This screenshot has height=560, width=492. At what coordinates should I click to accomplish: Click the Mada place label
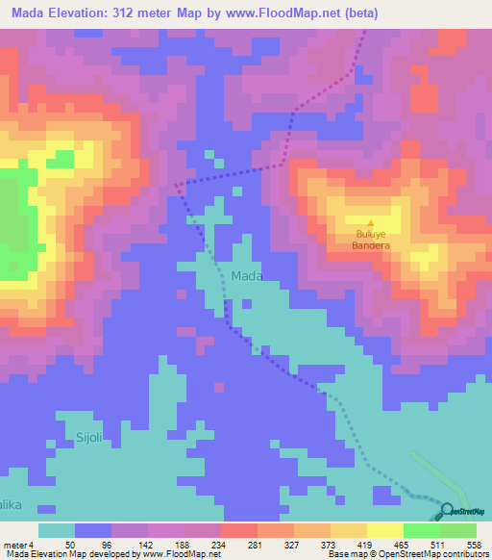[x=247, y=276]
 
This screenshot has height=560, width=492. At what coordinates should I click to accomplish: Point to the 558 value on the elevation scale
[x=475, y=545]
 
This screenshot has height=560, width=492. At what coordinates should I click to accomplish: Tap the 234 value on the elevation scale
[x=220, y=545]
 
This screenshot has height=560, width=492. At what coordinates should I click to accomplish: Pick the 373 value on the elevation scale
[x=330, y=545]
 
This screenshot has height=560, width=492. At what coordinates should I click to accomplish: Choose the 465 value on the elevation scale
[x=403, y=545]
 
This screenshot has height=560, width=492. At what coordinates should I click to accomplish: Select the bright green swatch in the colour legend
[x=421, y=530]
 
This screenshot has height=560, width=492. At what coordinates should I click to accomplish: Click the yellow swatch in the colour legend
[x=384, y=530]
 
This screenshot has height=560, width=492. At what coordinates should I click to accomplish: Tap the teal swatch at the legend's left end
[x=57, y=530]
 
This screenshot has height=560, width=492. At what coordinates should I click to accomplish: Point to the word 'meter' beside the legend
[x=15, y=545]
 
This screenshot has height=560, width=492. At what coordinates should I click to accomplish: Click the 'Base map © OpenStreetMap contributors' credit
[x=405, y=554]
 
